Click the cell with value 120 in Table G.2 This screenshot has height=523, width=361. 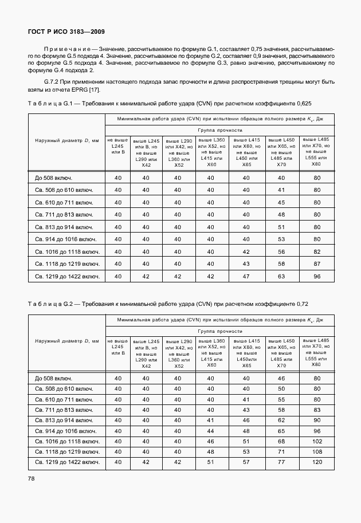(316, 462)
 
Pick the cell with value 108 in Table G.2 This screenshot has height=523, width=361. (316, 451)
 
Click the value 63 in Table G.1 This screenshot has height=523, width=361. (281, 276)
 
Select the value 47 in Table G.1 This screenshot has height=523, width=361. (246, 276)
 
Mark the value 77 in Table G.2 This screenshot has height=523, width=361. (281, 462)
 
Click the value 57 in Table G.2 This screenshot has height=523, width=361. (246, 462)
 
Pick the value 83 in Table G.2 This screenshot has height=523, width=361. (316, 410)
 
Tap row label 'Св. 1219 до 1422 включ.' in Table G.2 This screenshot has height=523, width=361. (67, 462)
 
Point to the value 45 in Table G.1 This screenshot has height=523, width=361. (281, 202)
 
